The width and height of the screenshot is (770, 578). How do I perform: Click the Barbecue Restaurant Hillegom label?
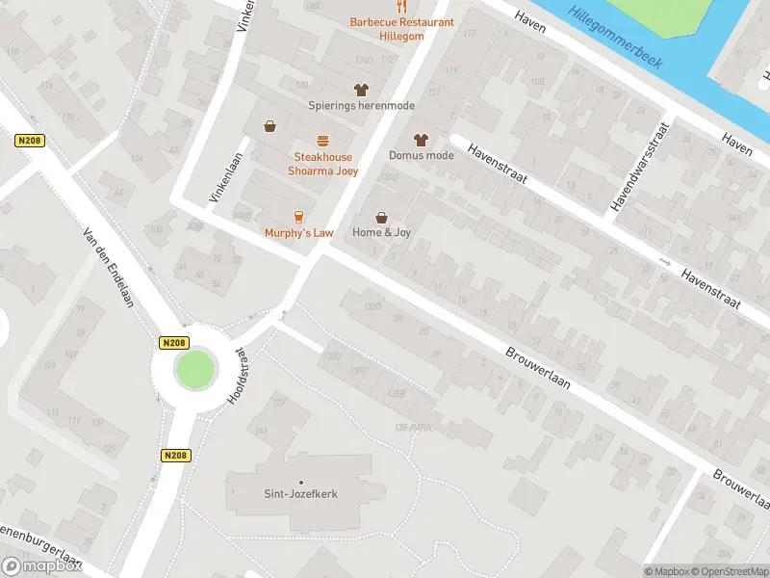[388, 28]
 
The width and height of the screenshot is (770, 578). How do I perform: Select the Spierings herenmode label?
[361, 105]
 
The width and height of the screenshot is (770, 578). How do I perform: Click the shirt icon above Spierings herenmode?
[361, 90]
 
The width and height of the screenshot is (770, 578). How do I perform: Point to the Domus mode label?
[421, 155]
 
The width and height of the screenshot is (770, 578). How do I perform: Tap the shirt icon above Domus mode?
[420, 140]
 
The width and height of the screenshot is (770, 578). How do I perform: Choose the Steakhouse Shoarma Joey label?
[322, 164]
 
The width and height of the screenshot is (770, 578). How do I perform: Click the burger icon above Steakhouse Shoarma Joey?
[322, 141]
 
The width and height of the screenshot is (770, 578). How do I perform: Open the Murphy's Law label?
[299, 233]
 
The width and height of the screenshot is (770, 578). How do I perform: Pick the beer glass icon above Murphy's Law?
[299, 216]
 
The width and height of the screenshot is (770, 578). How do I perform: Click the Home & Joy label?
[381, 232]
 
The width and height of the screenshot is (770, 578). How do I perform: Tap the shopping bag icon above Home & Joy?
[381, 217]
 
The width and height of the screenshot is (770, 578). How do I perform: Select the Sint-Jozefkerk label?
[302, 494]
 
